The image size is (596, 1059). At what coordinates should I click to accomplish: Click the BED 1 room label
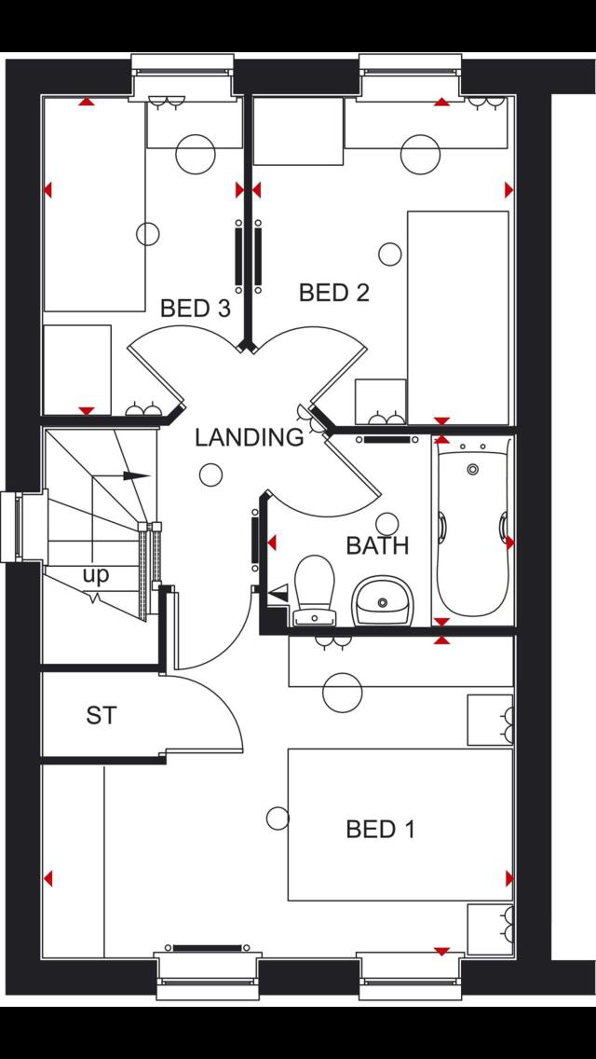point(380,828)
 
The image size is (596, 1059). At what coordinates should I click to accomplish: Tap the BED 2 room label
point(333,293)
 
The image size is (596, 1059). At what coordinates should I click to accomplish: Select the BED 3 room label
point(195,309)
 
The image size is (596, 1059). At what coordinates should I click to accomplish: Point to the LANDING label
point(249,437)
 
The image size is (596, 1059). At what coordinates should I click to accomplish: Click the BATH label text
point(377,545)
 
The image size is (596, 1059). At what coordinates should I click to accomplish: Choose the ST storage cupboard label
point(102,716)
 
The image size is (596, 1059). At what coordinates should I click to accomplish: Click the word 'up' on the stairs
point(95,575)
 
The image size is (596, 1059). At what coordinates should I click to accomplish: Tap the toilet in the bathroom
point(315,587)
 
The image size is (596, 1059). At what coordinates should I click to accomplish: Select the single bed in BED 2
point(458,317)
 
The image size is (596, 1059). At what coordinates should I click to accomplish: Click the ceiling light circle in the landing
point(211,475)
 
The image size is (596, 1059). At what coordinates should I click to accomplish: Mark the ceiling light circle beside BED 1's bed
point(278,818)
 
